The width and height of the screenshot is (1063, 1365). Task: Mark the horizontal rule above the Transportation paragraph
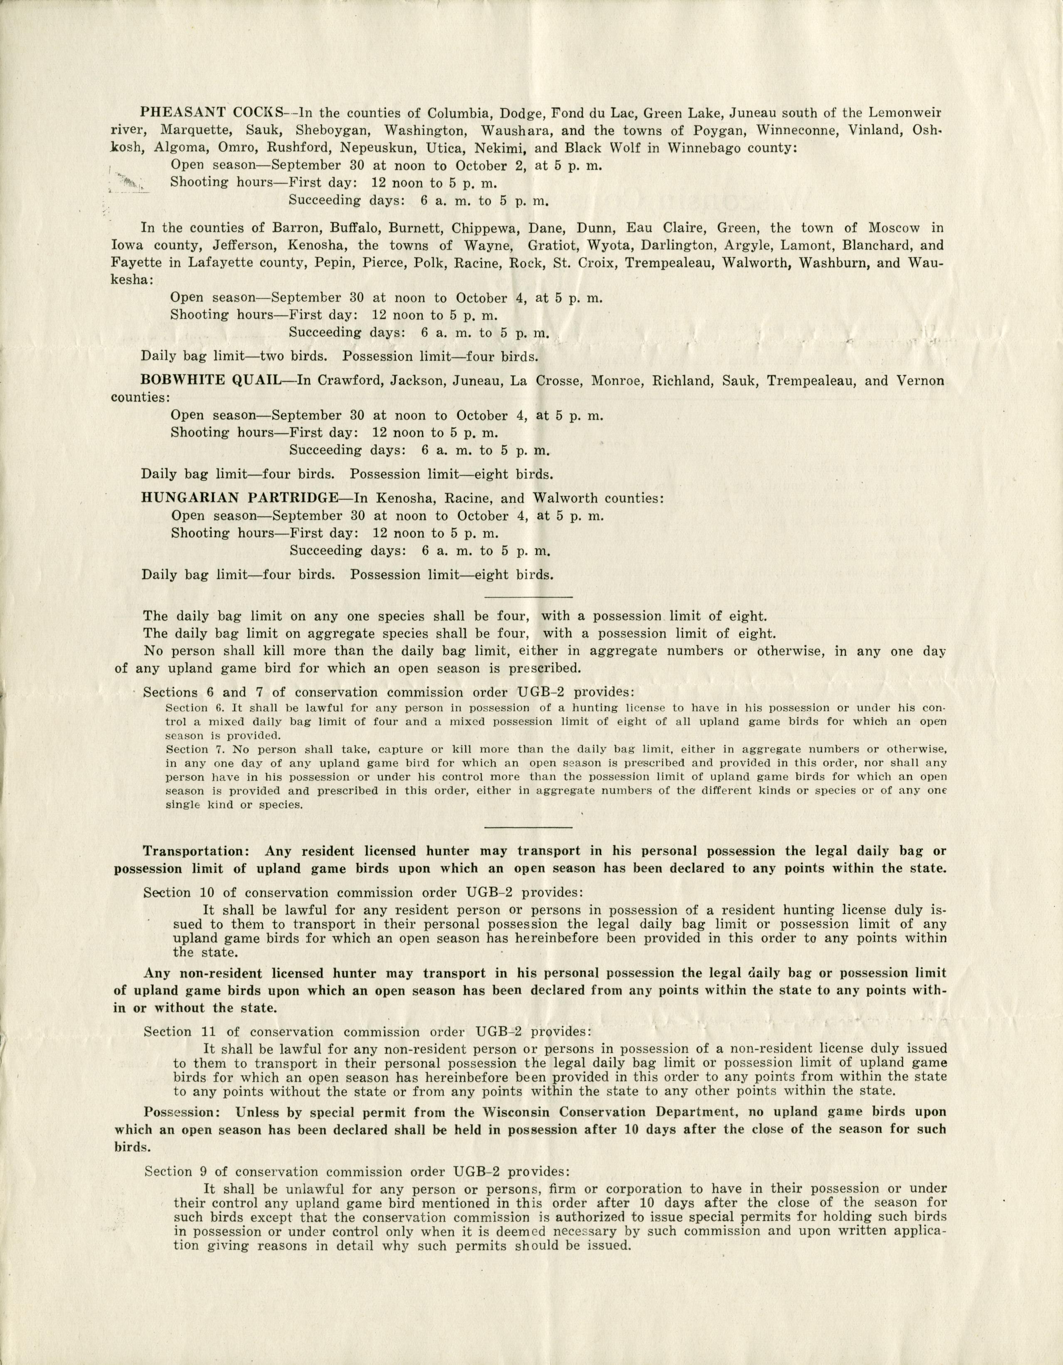528,828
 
